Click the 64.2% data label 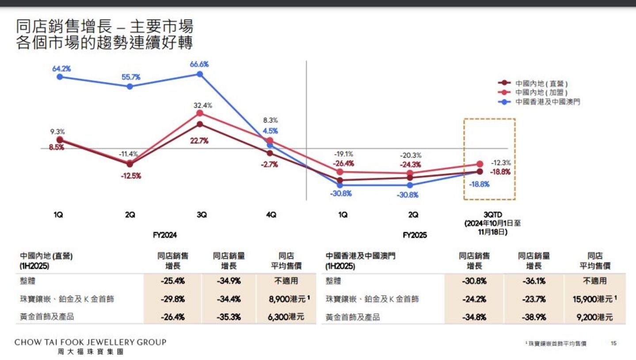[61, 68]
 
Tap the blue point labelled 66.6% [200, 74]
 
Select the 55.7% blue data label [131, 77]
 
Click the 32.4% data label [202, 106]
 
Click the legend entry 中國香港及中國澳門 [548, 102]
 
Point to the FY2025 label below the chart [415, 235]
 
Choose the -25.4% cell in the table [173, 281]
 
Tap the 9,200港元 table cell [595, 317]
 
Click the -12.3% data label [501, 163]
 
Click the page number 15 [613, 343]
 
